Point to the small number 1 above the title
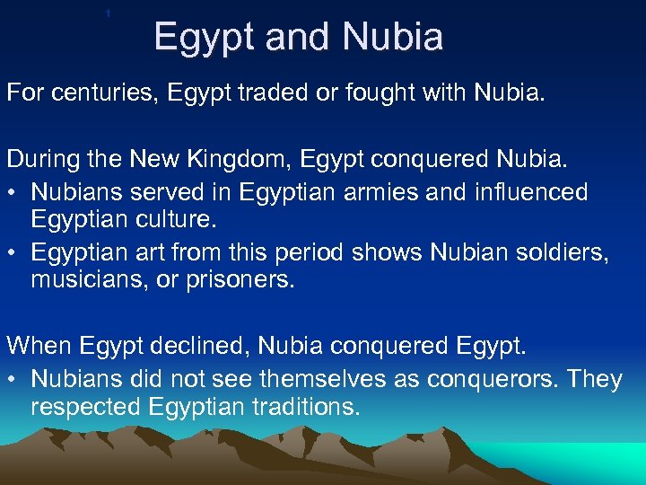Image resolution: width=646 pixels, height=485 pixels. pyautogui.click(x=108, y=14)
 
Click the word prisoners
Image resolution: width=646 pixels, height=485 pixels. pyautogui.click(x=239, y=280)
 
